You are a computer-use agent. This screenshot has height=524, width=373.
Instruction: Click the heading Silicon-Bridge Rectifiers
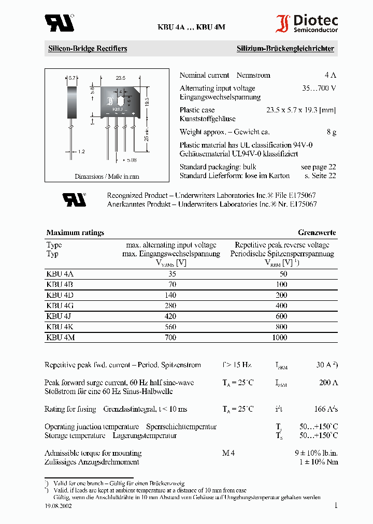click(88, 49)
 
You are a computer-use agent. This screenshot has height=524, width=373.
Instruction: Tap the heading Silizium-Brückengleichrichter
click(285, 49)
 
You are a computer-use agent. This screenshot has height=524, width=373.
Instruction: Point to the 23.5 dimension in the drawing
click(121, 78)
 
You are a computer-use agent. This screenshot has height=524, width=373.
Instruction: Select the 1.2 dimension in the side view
click(81, 152)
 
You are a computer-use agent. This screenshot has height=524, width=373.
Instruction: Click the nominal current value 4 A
click(330, 75)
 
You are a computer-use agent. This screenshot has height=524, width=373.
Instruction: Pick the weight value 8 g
click(332, 132)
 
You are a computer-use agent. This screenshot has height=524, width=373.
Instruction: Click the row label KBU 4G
click(60, 305)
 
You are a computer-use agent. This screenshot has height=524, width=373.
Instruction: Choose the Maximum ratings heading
click(75, 232)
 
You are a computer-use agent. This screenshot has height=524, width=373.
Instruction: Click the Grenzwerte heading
click(317, 232)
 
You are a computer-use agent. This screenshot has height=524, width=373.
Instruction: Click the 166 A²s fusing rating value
click(326, 409)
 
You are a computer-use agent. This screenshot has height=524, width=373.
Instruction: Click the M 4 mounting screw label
click(228, 453)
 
